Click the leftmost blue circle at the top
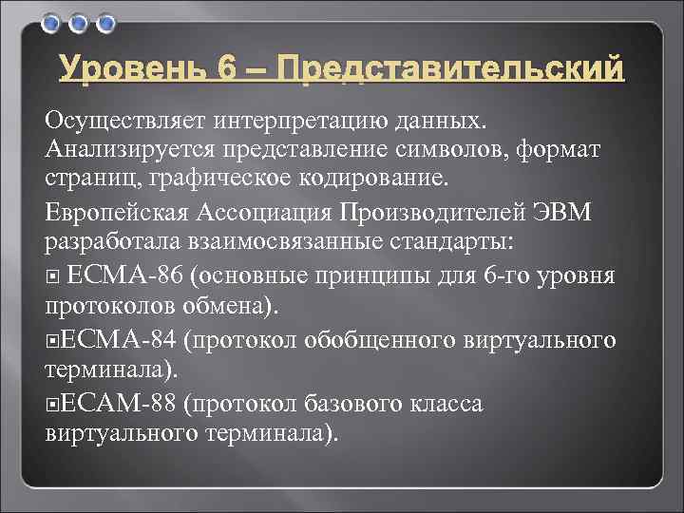tap(54, 22)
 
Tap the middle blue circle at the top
tap(80, 22)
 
